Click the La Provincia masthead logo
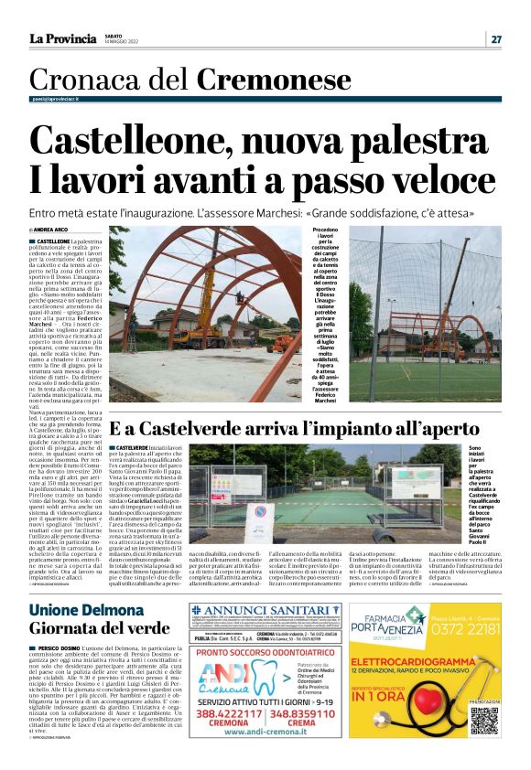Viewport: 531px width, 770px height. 62,38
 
